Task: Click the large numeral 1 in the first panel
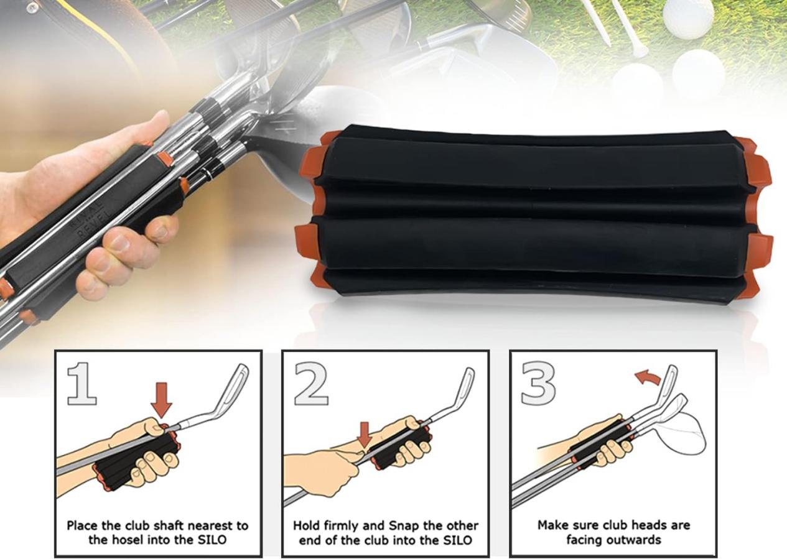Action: point(83,384)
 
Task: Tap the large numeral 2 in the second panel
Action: point(311,384)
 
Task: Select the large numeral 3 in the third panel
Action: point(538,384)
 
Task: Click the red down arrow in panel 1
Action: point(161,400)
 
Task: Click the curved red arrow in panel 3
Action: point(648,379)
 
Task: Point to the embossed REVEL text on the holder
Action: point(94,224)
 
